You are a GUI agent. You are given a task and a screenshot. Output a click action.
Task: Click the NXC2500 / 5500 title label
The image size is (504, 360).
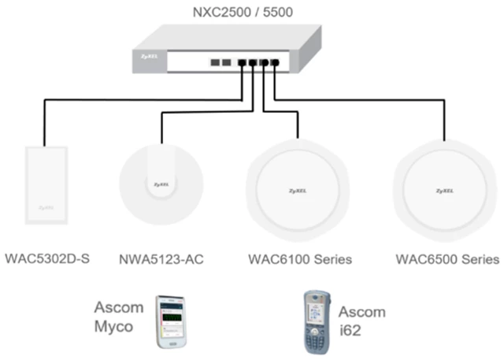tap(243, 13)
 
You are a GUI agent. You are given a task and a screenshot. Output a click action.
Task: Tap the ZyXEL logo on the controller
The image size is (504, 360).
tap(150, 57)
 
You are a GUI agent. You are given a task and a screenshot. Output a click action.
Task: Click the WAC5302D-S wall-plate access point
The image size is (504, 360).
tap(46, 185)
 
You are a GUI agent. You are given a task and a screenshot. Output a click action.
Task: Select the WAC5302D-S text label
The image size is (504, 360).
tap(47, 258)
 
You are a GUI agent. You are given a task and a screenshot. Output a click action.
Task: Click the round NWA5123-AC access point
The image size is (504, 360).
tap(161, 184)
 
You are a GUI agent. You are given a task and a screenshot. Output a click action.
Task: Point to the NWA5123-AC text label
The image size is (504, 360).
tap(161, 259)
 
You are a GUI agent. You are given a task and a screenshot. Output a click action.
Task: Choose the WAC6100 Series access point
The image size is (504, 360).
tap(298, 190)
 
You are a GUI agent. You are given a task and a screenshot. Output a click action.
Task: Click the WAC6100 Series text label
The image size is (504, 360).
tap(300, 259)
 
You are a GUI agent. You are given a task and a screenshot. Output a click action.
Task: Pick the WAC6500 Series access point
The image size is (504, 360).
tap(445, 191)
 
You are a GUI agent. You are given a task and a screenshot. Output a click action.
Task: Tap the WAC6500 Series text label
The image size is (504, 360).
tap(448, 259)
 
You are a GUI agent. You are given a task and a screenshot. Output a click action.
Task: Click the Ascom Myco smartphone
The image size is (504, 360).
tap(171, 322)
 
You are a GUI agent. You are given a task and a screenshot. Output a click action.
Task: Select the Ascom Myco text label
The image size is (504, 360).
tap(119, 317)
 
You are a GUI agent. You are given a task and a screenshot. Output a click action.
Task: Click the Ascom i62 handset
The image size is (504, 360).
tap(317, 322)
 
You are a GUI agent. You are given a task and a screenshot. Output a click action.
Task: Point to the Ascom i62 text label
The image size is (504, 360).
tap(362, 321)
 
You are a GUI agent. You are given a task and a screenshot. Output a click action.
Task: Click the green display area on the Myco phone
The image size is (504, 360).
tap(172, 317)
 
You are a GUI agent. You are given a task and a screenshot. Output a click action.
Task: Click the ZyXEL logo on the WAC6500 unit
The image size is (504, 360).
tap(445, 191)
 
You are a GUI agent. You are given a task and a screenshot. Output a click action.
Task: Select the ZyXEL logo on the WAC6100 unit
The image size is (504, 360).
tap(298, 191)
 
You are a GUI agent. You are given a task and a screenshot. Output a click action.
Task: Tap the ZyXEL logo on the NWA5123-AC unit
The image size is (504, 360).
tap(161, 185)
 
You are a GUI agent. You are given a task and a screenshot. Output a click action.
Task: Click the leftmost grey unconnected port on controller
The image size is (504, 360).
tap(215, 62)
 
